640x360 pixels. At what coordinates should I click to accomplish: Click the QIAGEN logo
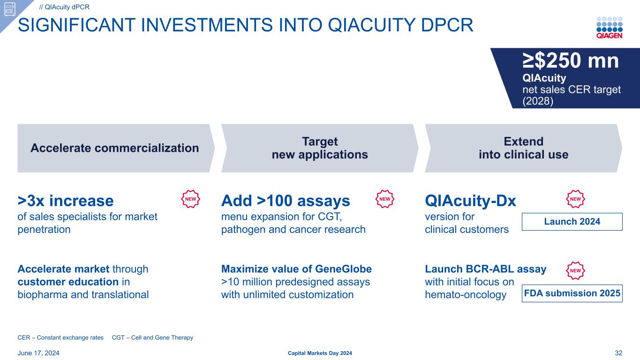tap(610, 28)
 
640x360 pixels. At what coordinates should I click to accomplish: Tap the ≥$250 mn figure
tap(571, 60)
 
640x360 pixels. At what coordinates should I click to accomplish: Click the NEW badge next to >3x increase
tap(190, 199)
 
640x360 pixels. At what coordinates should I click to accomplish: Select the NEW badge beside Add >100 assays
tap(385, 199)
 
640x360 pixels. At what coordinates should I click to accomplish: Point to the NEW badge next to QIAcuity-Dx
tap(575, 199)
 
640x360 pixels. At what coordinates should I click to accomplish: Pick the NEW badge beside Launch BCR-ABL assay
tap(575, 270)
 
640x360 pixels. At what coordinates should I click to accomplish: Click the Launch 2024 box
tap(572, 222)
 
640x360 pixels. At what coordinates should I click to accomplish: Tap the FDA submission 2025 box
tap(572, 293)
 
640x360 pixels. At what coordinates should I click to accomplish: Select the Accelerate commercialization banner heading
tap(114, 148)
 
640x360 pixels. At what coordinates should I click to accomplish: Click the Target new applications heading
tap(320, 148)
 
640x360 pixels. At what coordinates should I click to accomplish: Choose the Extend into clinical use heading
tap(523, 148)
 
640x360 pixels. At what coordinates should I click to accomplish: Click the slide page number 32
tap(618, 353)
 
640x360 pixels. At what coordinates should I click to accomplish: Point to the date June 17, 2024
tap(38, 353)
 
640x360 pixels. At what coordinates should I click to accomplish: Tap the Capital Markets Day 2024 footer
tap(320, 353)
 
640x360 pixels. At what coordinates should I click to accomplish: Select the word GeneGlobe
tap(343, 269)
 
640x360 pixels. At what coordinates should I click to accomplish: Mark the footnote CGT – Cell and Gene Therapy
tap(152, 337)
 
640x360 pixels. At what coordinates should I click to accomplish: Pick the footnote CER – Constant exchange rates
tap(60, 337)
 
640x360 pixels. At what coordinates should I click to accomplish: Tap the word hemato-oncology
tap(466, 295)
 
